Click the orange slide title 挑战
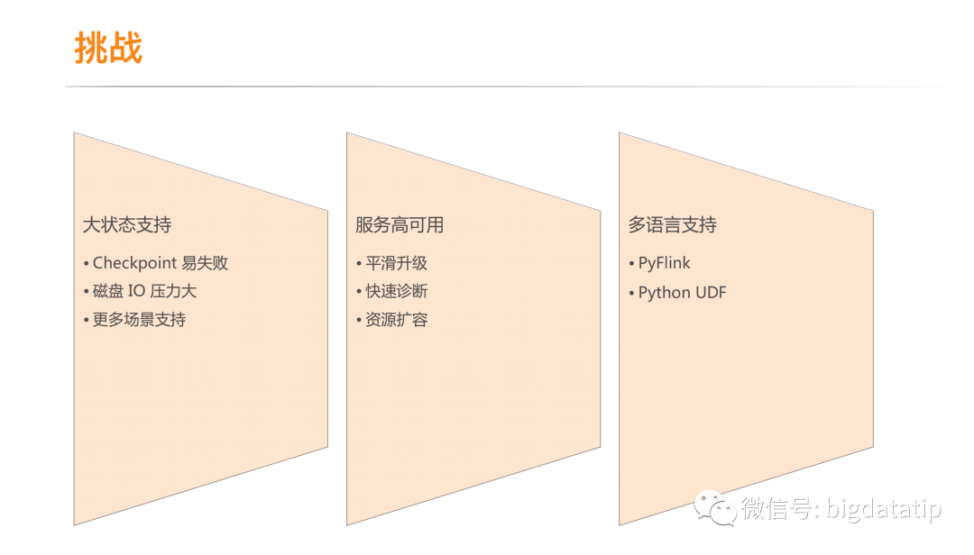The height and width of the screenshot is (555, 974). click(108, 48)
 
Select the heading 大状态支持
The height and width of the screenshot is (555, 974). click(127, 225)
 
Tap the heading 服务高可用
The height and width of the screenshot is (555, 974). click(400, 225)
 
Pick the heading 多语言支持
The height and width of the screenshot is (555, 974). click(672, 225)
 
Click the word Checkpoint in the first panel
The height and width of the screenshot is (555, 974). click(134, 264)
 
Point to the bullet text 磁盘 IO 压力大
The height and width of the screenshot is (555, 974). click(144, 291)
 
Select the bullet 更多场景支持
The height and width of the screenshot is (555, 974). click(139, 320)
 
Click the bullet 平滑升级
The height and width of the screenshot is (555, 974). click(396, 264)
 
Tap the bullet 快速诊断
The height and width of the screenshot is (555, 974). click(396, 291)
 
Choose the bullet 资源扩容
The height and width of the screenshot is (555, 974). click(396, 320)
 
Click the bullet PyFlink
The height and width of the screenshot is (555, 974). click(664, 264)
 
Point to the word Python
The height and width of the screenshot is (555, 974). click(665, 293)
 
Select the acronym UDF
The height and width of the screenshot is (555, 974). click(711, 293)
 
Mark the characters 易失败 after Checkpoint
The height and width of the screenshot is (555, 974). click(205, 264)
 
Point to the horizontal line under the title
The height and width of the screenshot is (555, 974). click(505, 87)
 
